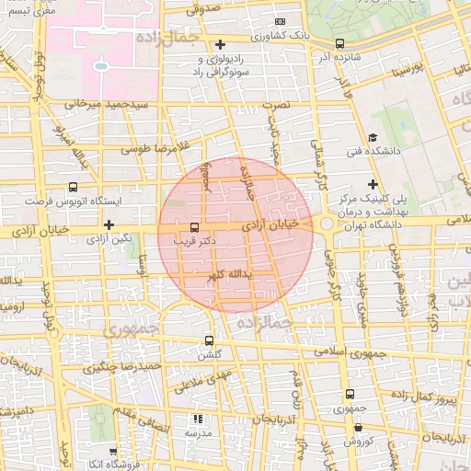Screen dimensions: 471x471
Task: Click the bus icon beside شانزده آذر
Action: (x=340, y=42)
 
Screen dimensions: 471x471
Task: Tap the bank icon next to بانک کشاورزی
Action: (x=281, y=21)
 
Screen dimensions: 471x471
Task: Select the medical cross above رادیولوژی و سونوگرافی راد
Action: (x=220, y=44)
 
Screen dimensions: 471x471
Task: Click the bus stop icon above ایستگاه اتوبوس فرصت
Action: (x=73, y=186)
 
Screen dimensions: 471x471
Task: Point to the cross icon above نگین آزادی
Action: (x=109, y=224)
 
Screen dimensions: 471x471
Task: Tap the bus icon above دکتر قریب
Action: (x=193, y=226)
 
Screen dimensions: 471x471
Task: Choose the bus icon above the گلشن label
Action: (x=209, y=340)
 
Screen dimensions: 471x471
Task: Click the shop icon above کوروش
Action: (x=358, y=429)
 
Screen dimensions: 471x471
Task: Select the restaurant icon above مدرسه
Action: (x=198, y=419)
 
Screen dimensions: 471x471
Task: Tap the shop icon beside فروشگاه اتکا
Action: (x=112, y=452)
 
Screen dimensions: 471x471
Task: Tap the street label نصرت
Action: (x=276, y=105)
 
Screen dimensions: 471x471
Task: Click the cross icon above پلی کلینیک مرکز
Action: (x=373, y=185)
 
